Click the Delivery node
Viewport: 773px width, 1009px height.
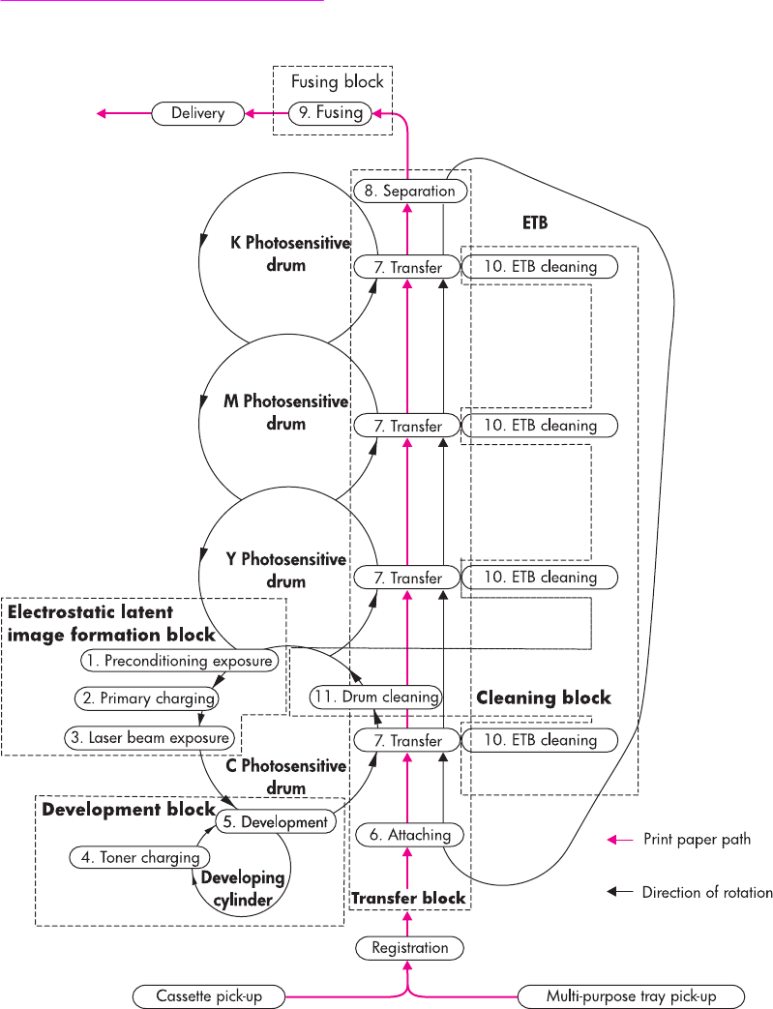[197, 114]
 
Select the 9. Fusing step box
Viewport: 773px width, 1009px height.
[330, 113]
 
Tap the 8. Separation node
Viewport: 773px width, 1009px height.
[410, 192]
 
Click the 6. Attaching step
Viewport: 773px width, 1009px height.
[410, 835]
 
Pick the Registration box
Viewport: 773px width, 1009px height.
[410, 948]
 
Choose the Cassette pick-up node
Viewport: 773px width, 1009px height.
[209, 996]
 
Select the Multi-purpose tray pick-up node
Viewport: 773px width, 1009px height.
[631, 996]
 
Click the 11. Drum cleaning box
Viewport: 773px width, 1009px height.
[376, 697]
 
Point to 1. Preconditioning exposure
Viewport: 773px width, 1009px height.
[180, 661]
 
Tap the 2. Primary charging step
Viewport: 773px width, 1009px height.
[147, 698]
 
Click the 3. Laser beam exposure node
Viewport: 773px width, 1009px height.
[149, 737]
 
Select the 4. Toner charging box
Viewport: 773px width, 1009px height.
[139, 857]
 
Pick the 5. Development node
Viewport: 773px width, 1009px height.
[276, 821]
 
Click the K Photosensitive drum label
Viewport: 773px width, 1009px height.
[290, 253]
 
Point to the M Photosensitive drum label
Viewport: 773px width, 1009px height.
[286, 412]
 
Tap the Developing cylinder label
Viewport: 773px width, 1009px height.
[243, 889]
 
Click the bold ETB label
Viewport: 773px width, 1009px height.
[535, 223]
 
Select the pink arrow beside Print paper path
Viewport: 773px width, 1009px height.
[620, 840]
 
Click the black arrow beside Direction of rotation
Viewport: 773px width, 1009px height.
[620, 892]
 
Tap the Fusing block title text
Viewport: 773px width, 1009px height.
[338, 81]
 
